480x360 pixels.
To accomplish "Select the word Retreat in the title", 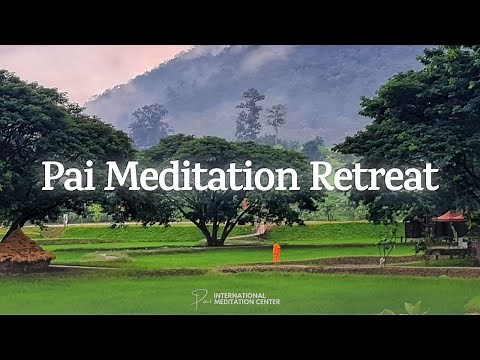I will click(x=374, y=176).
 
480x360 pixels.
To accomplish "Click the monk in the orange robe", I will click(x=276, y=253).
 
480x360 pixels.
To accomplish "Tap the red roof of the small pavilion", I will click(x=451, y=215).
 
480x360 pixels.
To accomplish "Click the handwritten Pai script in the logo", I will click(x=201, y=298).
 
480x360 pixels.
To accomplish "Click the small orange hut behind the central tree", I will click(x=262, y=229).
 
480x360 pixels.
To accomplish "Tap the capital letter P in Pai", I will click(x=52, y=176).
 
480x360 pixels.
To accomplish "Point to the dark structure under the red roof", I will click(x=414, y=229).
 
